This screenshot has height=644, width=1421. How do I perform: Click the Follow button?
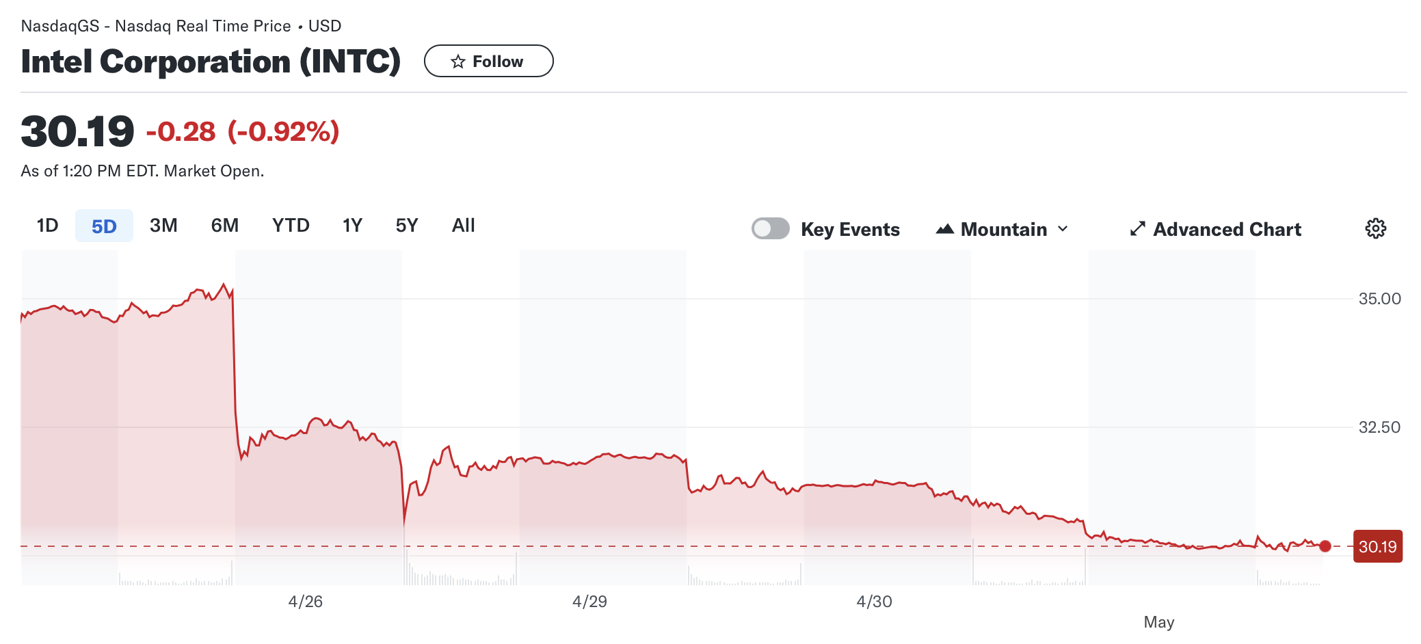tap(488, 62)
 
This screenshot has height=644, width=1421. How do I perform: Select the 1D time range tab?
tap(48, 226)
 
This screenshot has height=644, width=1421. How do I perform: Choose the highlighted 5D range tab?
tap(104, 226)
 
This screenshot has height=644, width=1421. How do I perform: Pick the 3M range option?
tap(163, 226)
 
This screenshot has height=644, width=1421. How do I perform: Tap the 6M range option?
tap(224, 226)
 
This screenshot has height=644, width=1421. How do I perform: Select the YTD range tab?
tap(291, 226)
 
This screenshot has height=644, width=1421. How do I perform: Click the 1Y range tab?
tap(352, 226)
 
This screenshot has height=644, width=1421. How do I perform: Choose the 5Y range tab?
tap(406, 226)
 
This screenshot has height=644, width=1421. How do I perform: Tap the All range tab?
tap(463, 226)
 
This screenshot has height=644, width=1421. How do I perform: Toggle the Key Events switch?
tap(771, 228)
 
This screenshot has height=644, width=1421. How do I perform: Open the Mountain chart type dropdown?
tap(1002, 229)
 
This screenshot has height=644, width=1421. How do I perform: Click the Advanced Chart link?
tap(1215, 229)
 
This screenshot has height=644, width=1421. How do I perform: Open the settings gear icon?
tap(1375, 228)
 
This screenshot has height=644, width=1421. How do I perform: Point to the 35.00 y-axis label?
tap(1379, 299)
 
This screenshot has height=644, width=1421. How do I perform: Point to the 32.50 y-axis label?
tap(1379, 427)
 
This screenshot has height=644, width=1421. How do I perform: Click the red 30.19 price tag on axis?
tap(1377, 546)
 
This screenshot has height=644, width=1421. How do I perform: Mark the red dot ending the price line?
tap(1325, 546)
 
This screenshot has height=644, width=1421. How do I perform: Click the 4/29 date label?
tap(589, 602)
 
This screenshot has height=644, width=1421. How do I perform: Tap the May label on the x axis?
tap(1158, 622)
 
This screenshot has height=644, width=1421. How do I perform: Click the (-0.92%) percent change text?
tap(283, 131)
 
